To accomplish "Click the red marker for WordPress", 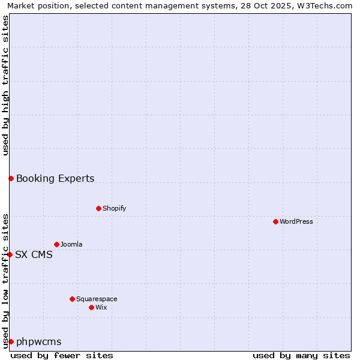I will click(275, 221).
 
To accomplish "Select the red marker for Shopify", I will click(98, 208).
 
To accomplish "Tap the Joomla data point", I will click(56, 244).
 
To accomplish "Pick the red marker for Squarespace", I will click(72, 299).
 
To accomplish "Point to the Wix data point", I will click(91, 307).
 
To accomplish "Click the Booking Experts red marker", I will click(11, 178).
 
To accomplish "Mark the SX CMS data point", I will click(10, 254).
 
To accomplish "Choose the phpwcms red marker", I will click(11, 341).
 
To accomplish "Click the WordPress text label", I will click(296, 221).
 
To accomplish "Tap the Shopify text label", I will click(114, 208).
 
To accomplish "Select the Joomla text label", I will click(71, 244).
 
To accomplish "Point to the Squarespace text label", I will click(97, 299).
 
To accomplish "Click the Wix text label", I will click(101, 307).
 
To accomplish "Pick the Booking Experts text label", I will click(55, 178).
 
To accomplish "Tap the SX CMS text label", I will click(34, 254).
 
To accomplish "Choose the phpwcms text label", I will click(39, 341).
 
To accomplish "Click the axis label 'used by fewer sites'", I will click(62, 355).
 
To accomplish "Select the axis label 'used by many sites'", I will click(301, 355).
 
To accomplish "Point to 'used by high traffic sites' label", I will click(5, 85).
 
